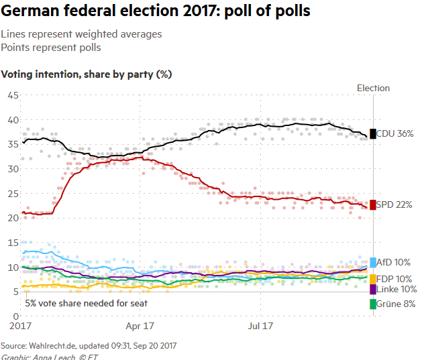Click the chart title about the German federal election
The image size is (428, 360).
click(156, 12)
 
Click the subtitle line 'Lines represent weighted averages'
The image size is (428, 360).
click(81, 34)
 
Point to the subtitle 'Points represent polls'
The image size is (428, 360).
click(51, 48)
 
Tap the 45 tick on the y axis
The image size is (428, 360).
click(12, 95)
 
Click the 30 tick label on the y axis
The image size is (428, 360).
click(12, 169)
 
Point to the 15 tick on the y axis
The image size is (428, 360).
click(12, 242)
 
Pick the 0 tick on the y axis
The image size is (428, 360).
click(15, 316)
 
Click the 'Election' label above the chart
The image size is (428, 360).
click(373, 88)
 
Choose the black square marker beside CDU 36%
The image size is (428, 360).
click(373, 133)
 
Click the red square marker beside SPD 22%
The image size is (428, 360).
click(373, 204)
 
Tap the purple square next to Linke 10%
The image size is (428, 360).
click(373, 289)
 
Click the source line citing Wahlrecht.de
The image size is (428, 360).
click(89, 345)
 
